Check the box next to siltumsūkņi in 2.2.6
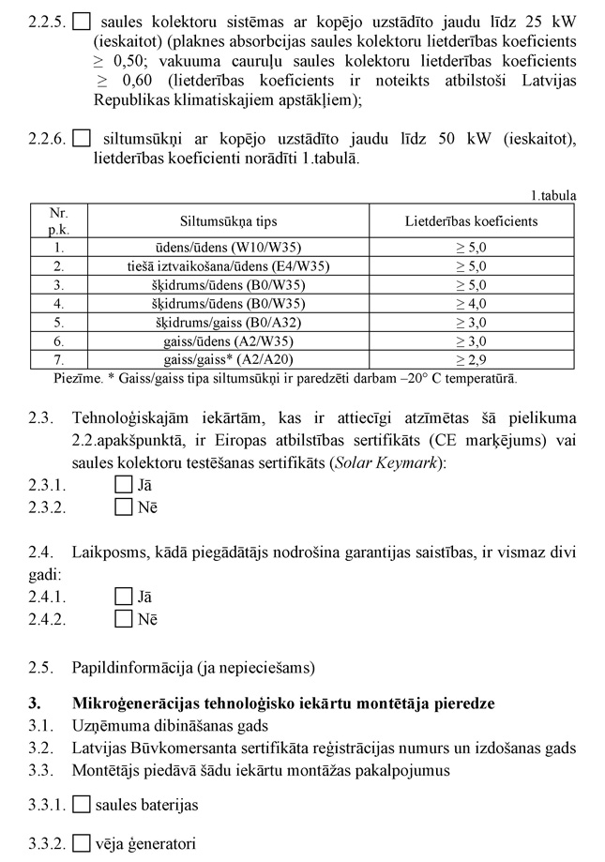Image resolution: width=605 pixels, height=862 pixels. [x=81, y=140]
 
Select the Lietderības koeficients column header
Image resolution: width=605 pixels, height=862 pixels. [x=471, y=221]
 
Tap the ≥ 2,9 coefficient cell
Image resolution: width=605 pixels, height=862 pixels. [x=471, y=360]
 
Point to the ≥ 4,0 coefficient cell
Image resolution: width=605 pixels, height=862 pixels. [x=471, y=304]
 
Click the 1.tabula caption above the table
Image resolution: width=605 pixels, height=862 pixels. [x=552, y=196]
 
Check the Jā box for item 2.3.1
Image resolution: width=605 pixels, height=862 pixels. [x=123, y=485]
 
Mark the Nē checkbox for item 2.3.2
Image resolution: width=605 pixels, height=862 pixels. [x=123, y=507]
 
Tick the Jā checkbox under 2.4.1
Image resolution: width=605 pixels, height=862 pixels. [x=123, y=596]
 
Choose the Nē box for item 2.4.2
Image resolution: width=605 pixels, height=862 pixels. [x=123, y=618]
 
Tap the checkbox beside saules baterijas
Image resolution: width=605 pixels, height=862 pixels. [x=81, y=804]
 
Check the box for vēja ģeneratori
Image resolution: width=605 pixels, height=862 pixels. [x=81, y=842]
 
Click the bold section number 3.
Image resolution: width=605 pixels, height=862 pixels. [x=34, y=703]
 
